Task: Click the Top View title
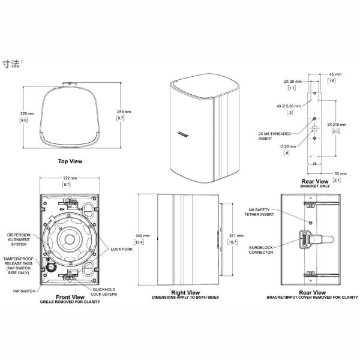(70, 161)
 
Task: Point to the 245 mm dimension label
(123, 112)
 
